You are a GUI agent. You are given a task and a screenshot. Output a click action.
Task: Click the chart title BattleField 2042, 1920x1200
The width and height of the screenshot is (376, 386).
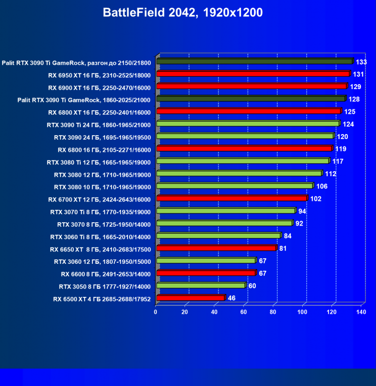pyautogui.click(x=183, y=13)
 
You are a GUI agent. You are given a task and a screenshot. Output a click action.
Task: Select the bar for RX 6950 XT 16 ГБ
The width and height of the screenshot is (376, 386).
pyautogui.click(x=253, y=74)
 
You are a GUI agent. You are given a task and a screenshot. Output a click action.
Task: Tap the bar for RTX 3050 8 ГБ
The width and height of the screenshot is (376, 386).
pyautogui.click(x=201, y=286)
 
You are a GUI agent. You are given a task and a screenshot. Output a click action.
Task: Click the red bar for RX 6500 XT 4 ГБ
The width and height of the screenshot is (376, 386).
pyautogui.click(x=190, y=298)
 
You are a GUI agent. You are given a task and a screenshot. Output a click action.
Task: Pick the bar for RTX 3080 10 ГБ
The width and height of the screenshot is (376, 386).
pyautogui.click(x=235, y=186)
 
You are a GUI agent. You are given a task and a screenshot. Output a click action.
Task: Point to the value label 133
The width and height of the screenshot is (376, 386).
pyautogui.click(x=361, y=62)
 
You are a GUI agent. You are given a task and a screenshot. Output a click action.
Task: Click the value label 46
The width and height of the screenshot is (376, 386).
pyautogui.click(x=232, y=298)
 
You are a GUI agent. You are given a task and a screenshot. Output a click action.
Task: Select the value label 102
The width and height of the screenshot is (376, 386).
pyautogui.click(x=316, y=199)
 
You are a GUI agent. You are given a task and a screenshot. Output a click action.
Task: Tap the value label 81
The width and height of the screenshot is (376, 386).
pyautogui.click(x=283, y=248)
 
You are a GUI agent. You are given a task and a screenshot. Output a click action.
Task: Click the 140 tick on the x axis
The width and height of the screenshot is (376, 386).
pyautogui.click(x=361, y=312)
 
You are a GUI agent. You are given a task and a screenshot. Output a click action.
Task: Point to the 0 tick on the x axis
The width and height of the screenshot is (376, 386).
pyautogui.click(x=156, y=312)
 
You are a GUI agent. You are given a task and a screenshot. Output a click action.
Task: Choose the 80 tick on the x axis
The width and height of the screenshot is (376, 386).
pyautogui.click(x=273, y=312)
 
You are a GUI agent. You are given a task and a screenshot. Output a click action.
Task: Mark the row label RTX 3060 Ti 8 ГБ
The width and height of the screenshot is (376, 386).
pyautogui.click(x=99, y=237)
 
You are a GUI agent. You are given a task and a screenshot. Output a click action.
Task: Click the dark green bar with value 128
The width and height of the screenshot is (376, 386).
pyautogui.click(x=250, y=99)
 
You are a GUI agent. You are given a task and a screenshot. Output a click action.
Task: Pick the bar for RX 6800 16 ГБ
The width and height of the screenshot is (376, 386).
pyautogui.click(x=244, y=148)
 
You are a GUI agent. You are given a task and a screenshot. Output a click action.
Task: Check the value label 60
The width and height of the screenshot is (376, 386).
pyautogui.click(x=252, y=286)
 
